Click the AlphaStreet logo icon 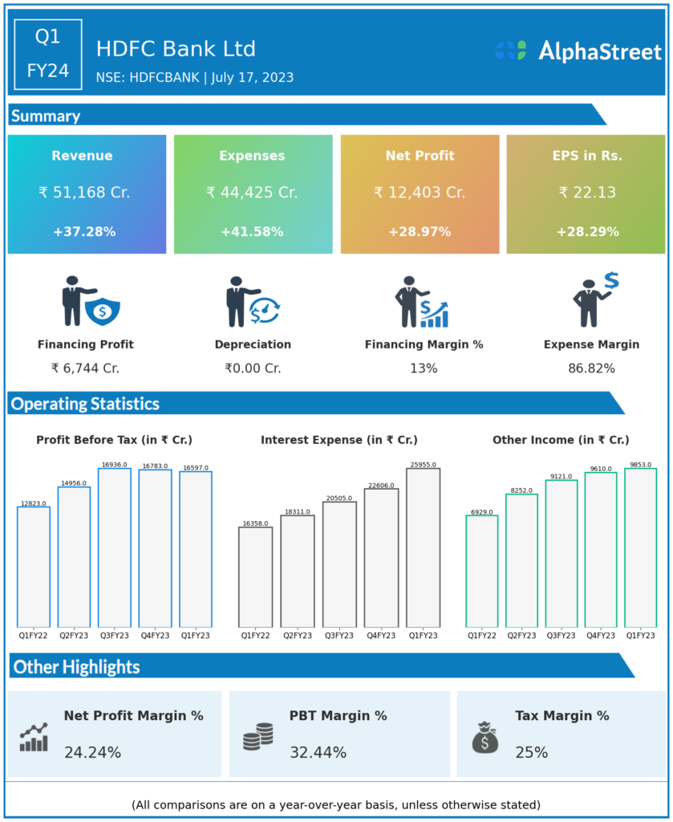click(x=510, y=50)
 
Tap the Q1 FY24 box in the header click(x=48, y=53)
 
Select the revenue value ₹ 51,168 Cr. click(x=84, y=193)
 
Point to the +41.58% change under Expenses click(x=252, y=232)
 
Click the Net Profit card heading click(x=420, y=156)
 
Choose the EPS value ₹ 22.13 click(x=586, y=193)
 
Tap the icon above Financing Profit click(x=90, y=303)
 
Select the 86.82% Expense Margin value click(x=591, y=368)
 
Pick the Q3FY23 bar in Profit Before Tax click(x=114, y=547)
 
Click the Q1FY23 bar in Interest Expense click(x=423, y=547)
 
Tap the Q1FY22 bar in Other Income click(x=482, y=571)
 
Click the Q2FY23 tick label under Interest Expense click(x=297, y=635)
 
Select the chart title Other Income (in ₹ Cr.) click(x=561, y=440)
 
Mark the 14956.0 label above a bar click(x=75, y=483)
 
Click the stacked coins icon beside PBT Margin click(x=257, y=735)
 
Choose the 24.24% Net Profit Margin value click(x=92, y=753)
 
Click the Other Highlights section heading click(x=77, y=667)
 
